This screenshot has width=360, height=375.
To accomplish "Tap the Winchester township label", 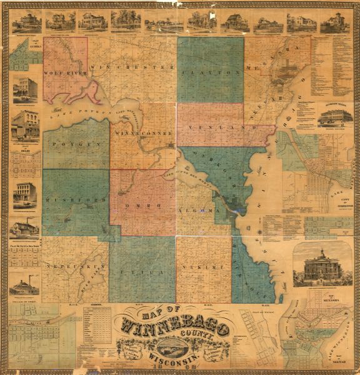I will [132, 66].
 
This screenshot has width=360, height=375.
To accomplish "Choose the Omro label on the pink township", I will [142, 205].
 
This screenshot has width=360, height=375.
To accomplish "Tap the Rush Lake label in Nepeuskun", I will [87, 276].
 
